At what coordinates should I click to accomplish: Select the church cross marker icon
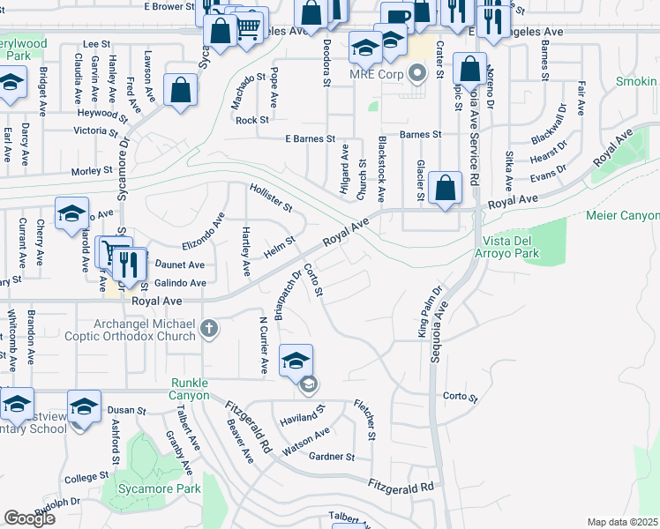coord(209,330)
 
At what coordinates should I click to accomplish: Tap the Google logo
coord(29,518)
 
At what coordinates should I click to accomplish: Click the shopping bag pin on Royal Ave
coord(446,189)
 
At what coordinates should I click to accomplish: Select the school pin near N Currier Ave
coord(296,360)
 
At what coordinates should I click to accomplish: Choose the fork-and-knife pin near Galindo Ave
coord(131,265)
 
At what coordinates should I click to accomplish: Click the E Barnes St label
coord(310,139)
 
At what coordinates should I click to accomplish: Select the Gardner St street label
coord(332,457)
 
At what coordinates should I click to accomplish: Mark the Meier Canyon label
coord(622,216)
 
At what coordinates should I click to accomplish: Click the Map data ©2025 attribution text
coord(623,522)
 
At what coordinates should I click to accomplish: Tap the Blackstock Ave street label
coord(382,168)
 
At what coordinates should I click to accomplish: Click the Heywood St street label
coord(98,114)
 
